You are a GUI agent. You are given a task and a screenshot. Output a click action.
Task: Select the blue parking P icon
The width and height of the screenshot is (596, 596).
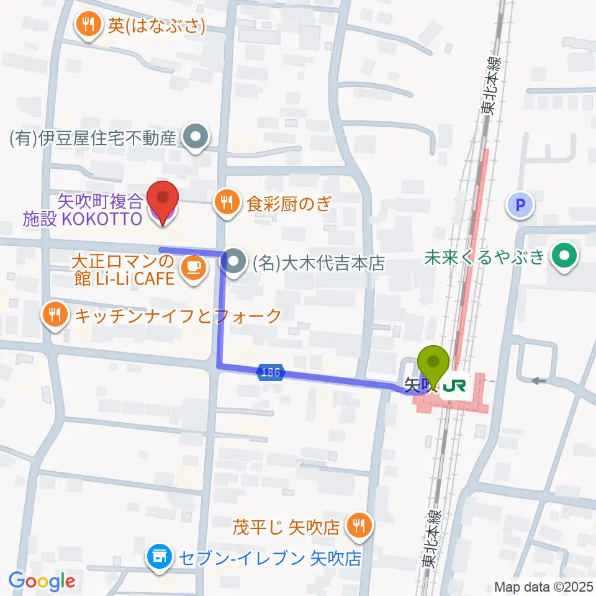tap(521, 205)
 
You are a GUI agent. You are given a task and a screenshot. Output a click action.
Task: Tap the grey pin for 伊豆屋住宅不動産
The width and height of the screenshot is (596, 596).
tap(196, 138)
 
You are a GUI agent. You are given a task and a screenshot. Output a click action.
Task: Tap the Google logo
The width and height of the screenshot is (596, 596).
tap(42, 580)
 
